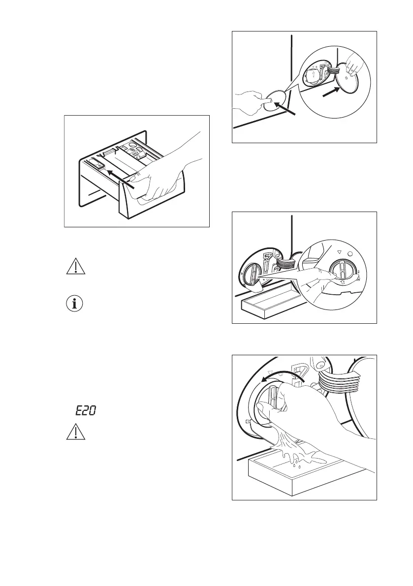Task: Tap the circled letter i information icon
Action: tap(75, 304)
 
